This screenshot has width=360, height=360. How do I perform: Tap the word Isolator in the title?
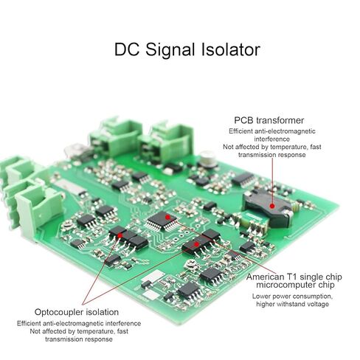click(231, 49)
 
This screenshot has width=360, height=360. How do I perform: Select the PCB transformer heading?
click(269, 120)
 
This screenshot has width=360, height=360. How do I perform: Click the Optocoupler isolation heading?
click(77, 312)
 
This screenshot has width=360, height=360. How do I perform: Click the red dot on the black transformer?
click(271, 206)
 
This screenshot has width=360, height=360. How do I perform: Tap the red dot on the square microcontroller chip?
click(167, 217)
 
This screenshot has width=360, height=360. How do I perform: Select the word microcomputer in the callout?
click(285, 285)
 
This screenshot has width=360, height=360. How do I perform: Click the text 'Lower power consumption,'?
click(292, 297)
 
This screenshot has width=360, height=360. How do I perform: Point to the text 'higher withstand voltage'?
click(292, 304)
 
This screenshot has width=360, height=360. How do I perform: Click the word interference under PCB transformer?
click(272, 139)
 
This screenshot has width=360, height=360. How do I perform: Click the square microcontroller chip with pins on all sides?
click(161, 221)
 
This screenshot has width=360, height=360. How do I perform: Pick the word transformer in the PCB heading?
click(280, 120)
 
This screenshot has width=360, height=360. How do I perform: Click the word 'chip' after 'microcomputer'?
click(326, 285)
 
